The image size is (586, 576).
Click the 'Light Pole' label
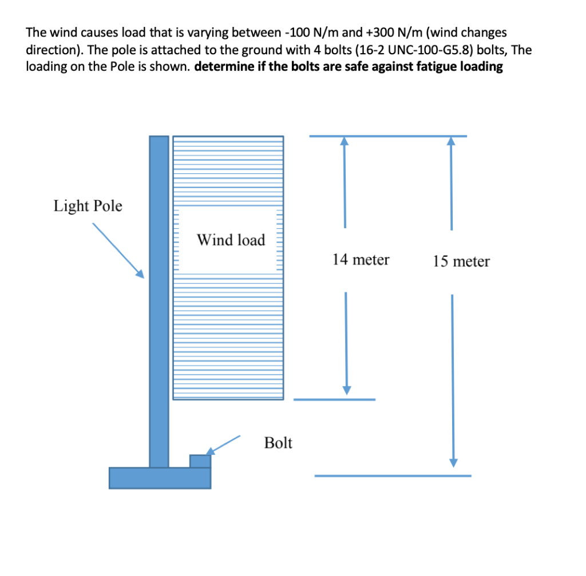(x=88, y=206)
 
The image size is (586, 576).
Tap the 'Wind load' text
(x=231, y=240)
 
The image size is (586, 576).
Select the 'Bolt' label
(x=278, y=443)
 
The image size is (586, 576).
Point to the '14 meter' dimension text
(x=361, y=260)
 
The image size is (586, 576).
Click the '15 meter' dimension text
(x=461, y=262)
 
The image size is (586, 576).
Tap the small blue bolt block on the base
(x=200, y=460)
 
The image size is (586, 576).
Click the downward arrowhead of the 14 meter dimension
(x=346, y=390)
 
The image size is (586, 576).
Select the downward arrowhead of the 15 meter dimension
(x=453, y=462)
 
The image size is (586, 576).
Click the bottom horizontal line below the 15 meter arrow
(x=393, y=476)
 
